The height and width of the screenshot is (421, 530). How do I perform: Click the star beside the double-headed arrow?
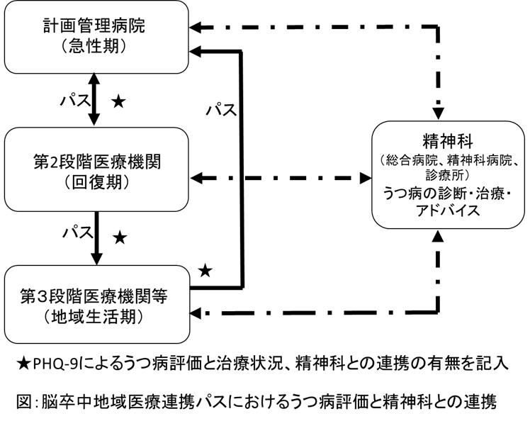(119, 102)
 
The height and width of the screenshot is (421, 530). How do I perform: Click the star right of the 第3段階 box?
(205, 270)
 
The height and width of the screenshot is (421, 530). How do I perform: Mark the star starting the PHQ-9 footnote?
(23, 364)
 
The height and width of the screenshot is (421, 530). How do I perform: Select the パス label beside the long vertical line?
(221, 111)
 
